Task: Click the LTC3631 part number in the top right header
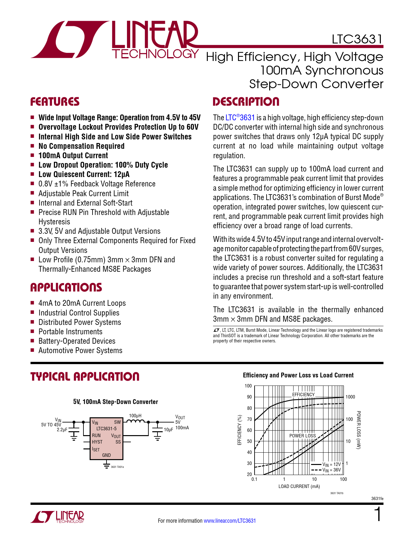click(x=357, y=39)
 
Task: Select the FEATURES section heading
click(x=55, y=102)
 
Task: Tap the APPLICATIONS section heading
click(x=66, y=288)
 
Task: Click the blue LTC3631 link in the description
click(x=240, y=118)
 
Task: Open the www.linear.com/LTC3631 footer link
click(x=230, y=521)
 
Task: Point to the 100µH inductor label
click(x=135, y=416)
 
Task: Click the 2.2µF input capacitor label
click(x=62, y=430)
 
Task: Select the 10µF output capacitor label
click(x=168, y=430)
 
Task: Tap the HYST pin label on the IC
click(x=97, y=442)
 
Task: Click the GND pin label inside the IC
click(x=107, y=455)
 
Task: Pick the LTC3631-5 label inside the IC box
click(x=107, y=429)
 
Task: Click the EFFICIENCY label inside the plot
click(x=303, y=395)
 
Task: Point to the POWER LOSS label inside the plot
click(x=302, y=436)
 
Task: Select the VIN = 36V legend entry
click(x=332, y=470)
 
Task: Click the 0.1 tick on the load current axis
click(x=254, y=479)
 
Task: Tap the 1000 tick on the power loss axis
click(x=350, y=397)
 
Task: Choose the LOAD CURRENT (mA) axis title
click(x=299, y=486)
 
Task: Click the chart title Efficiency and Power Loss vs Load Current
click(x=298, y=375)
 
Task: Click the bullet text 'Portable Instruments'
click(x=70, y=332)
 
